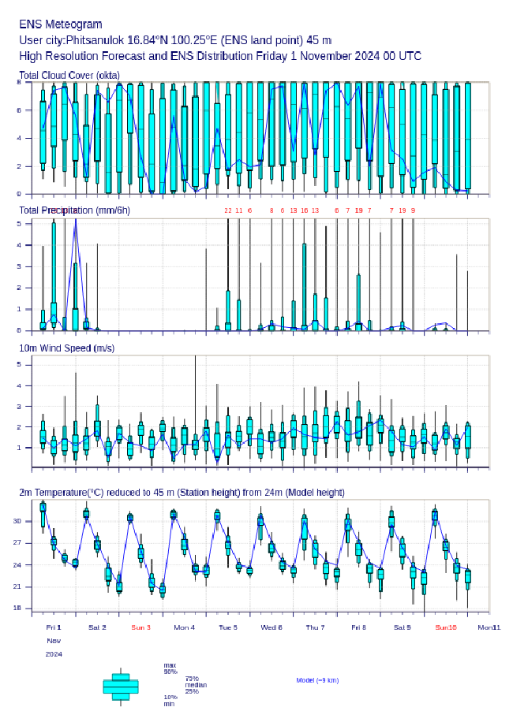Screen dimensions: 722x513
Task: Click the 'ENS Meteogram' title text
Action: tap(61, 24)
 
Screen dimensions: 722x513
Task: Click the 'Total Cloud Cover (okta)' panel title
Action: tap(69, 76)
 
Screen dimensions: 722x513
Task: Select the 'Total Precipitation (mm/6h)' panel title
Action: tap(75, 210)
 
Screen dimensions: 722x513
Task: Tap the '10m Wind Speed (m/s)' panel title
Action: tap(66, 348)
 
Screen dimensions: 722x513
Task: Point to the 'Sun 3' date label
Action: tap(140, 627)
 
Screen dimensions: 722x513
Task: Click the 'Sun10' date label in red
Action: tap(446, 627)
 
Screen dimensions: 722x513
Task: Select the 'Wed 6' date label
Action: tap(271, 627)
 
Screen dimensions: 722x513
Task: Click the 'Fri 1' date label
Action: tap(54, 627)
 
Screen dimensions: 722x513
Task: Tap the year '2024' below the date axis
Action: tap(54, 654)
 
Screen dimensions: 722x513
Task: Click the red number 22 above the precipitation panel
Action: tap(228, 210)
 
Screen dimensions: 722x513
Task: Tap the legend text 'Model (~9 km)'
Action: tap(317, 680)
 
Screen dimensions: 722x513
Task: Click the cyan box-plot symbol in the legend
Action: tap(121, 687)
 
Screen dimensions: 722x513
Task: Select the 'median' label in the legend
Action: tap(196, 685)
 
